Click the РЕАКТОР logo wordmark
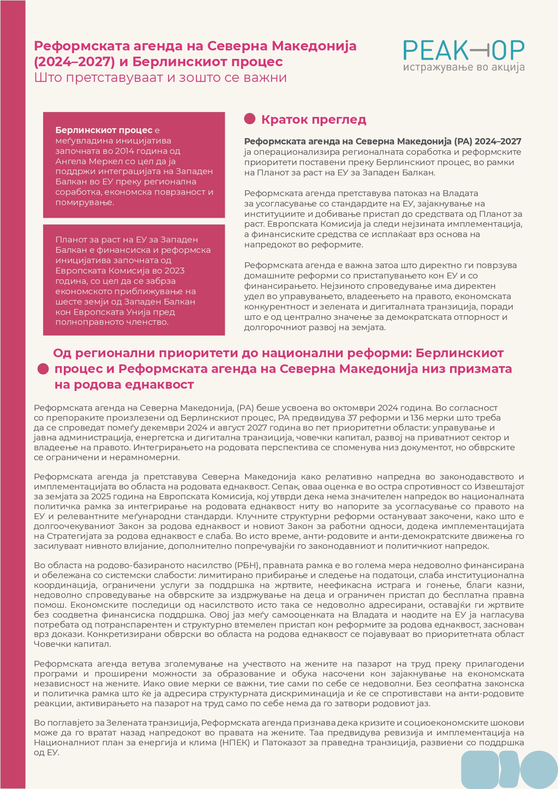pos(464,50)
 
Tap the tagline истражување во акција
pos(464,68)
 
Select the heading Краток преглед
pos(313,120)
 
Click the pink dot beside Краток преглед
pos(250,119)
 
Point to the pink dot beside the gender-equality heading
pos(43,369)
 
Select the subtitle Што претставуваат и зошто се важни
pos(160,78)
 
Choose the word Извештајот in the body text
pos(499,487)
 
